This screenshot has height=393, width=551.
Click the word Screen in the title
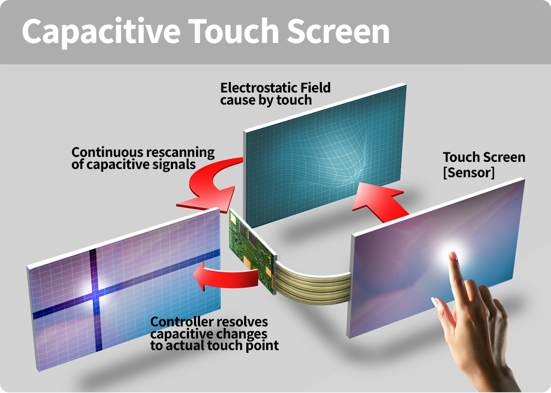coord(338,31)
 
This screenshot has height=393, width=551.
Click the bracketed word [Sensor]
coord(469,172)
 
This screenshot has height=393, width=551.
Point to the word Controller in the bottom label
coord(182,321)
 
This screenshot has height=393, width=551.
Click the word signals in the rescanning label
coord(176,165)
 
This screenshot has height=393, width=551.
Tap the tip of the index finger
coord(453,254)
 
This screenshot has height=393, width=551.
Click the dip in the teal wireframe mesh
coord(355,176)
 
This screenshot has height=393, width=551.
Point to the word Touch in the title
coord(233,31)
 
